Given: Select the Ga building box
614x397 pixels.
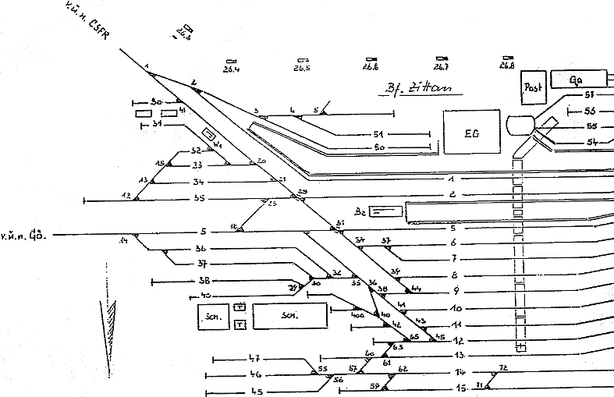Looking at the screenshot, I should click(x=578, y=80).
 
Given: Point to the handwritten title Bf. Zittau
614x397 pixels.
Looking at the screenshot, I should click(x=413, y=88).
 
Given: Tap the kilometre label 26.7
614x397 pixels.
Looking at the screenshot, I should click(x=442, y=68).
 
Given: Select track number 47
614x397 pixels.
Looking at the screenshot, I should click(x=254, y=358).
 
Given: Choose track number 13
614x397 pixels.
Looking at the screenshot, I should click(x=459, y=356).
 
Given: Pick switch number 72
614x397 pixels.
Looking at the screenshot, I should click(x=503, y=367).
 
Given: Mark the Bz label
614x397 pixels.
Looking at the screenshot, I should click(x=360, y=211).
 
